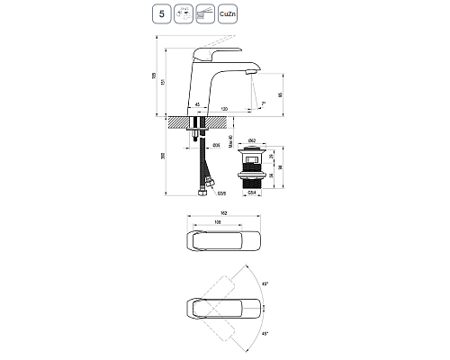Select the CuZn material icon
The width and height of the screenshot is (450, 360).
[227, 14]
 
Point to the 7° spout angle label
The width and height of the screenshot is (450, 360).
[262, 104]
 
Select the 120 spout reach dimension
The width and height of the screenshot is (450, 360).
[222, 108]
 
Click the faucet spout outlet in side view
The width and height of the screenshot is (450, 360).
[248, 73]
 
